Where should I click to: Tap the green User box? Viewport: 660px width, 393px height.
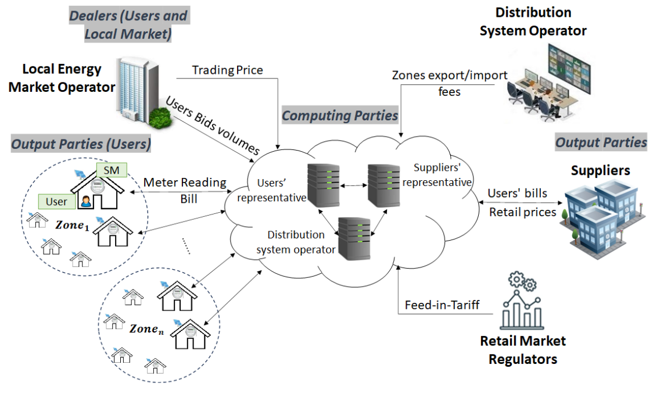tap(56, 202)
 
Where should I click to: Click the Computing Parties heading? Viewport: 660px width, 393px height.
tap(340, 116)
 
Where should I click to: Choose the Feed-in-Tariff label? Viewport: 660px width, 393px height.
tap(442, 304)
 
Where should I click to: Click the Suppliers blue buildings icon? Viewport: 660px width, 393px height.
tap(598, 212)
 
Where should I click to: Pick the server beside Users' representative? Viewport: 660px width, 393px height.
tap(323, 185)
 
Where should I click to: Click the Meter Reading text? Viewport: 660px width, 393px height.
tap(185, 183)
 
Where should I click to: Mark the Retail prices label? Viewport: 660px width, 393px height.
tap(522, 212)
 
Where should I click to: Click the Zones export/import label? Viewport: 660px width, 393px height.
tap(450, 76)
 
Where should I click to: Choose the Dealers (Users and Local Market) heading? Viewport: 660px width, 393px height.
tap(128, 24)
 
